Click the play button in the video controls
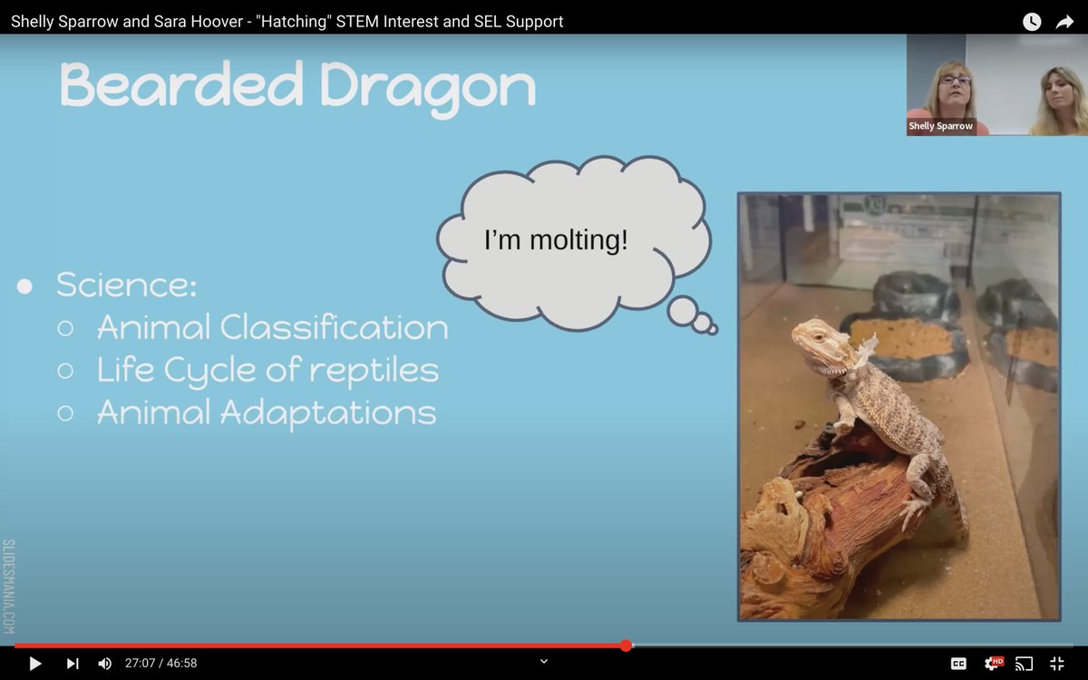click(x=35, y=664)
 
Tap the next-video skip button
click(x=73, y=664)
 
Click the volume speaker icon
click(x=104, y=664)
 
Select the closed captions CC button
click(x=958, y=664)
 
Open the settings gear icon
click(x=993, y=664)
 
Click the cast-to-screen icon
click(x=1025, y=664)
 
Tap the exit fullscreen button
click(x=1057, y=664)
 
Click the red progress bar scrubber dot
click(x=626, y=646)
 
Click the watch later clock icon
click(x=1032, y=22)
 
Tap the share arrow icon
click(x=1064, y=22)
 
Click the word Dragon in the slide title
click(x=427, y=87)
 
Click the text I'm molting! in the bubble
click(x=556, y=241)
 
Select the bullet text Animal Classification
click(x=272, y=327)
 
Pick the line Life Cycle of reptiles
click(x=267, y=370)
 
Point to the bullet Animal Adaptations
click(x=267, y=413)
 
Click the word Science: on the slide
click(x=126, y=285)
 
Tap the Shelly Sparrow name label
click(x=940, y=126)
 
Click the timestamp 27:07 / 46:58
click(x=160, y=664)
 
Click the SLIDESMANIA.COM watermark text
click(x=9, y=586)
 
